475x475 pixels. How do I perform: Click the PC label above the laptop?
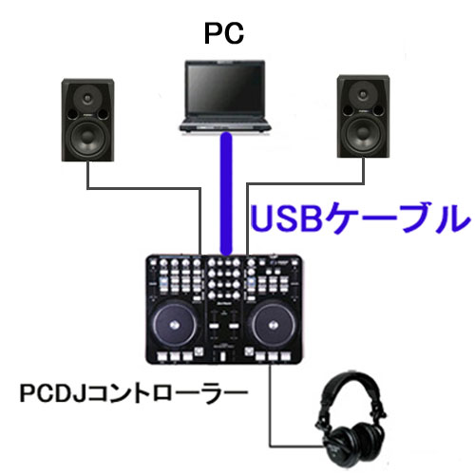tap(224, 33)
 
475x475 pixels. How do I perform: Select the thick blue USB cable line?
tap(226, 194)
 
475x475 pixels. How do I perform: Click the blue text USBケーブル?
tap(360, 218)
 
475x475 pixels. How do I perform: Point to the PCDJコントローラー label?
tap(133, 393)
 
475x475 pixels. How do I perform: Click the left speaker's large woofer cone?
tap(87, 138)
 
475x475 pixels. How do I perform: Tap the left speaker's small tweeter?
tap(87, 99)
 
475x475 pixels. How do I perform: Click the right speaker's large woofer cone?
tap(363, 135)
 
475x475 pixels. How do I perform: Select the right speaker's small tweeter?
tap(363, 95)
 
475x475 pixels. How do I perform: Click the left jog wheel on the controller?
tap(174, 325)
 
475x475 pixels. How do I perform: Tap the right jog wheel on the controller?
tap(274, 325)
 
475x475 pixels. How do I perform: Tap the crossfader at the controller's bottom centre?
tap(223, 355)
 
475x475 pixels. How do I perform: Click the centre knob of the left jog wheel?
tap(174, 325)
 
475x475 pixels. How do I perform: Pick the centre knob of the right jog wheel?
tap(274, 325)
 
